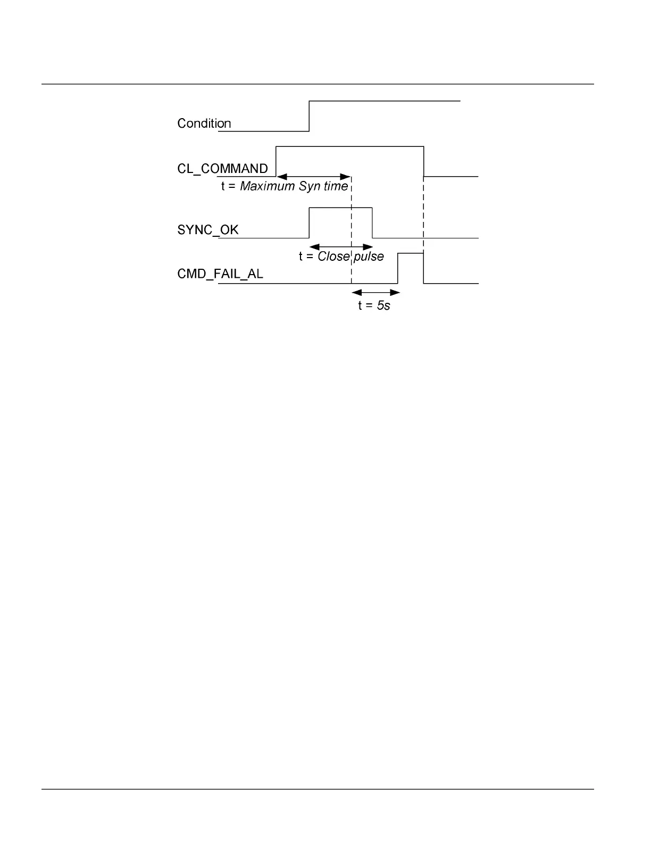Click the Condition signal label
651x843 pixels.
click(204, 123)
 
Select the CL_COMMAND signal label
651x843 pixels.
click(222, 169)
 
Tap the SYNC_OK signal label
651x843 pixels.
click(207, 230)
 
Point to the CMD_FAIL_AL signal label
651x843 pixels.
click(220, 275)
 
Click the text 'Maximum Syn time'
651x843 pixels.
click(294, 186)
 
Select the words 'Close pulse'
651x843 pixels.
click(350, 257)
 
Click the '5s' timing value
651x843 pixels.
click(383, 306)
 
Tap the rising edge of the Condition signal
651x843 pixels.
click(309, 116)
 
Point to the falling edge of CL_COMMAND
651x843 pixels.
click(424, 161)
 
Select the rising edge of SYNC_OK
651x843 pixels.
click(309, 222)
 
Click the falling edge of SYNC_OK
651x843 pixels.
click(372, 222)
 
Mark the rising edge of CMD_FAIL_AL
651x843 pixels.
click(398, 268)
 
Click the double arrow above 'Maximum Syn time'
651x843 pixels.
click(314, 176)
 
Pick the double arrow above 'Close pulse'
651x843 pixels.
click(341, 247)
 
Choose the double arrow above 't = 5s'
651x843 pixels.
click(375, 292)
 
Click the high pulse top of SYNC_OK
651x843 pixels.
click(340, 208)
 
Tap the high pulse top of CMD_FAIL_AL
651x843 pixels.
click(411, 254)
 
